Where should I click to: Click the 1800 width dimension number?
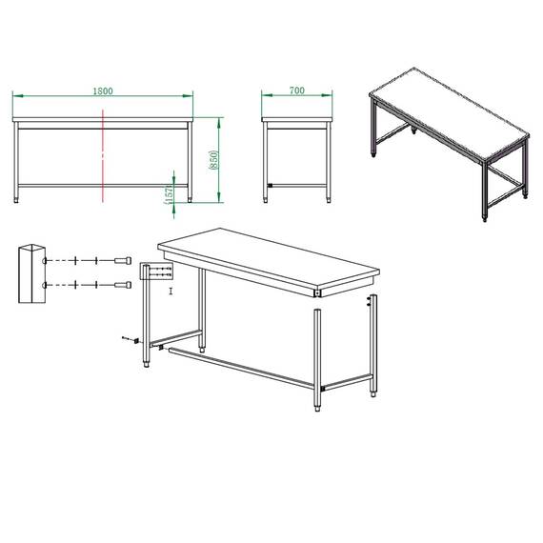[x=103, y=90]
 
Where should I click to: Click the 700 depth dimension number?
[x=297, y=90]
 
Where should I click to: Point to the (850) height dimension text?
[x=213, y=160]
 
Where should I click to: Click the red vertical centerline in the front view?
[x=103, y=155]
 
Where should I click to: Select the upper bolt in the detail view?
[x=123, y=260]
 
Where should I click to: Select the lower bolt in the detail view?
[x=123, y=285]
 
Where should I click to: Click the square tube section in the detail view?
[x=31, y=273]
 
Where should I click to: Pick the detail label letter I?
[x=171, y=292]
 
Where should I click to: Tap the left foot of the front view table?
[x=16, y=200]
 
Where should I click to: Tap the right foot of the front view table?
[x=190, y=200]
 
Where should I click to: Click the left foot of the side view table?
[x=265, y=200]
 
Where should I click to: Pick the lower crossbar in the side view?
[x=297, y=186]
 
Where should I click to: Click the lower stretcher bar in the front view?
[x=103, y=186]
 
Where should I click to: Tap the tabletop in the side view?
[x=297, y=119]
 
